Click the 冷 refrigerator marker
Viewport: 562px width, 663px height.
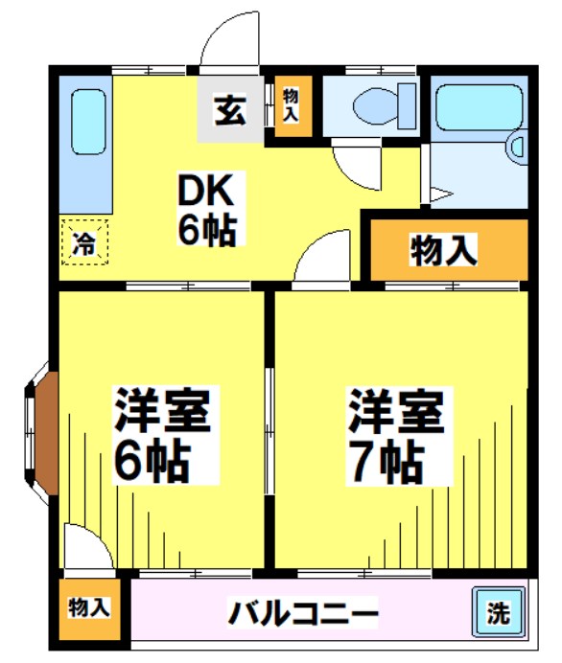tap(85, 241)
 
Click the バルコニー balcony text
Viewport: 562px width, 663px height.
tap(302, 612)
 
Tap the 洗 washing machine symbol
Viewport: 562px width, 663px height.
tap(498, 612)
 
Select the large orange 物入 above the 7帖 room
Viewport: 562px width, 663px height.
tap(444, 251)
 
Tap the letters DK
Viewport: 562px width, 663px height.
tap(203, 191)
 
